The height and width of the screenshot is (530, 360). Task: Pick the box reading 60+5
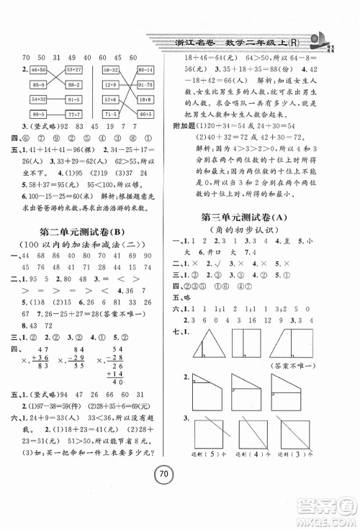[145, 114]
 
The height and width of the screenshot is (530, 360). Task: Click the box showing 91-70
[145, 84]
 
